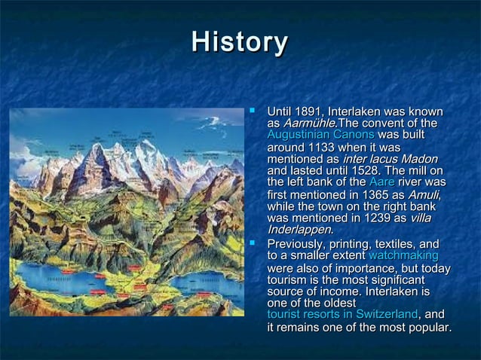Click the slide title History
pos(240,42)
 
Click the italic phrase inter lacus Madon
pos(390,159)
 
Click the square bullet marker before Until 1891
pos(254,111)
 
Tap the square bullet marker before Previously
pos(254,244)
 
